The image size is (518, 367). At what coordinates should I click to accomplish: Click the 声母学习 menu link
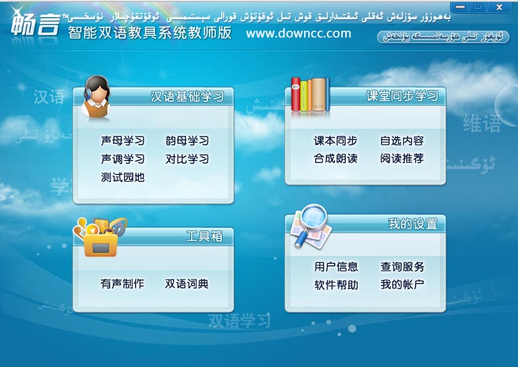click(x=123, y=141)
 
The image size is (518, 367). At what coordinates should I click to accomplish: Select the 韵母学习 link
click(x=187, y=141)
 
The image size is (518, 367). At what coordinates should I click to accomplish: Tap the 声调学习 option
click(x=123, y=159)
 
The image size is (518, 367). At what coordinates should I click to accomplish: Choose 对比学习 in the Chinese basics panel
click(x=187, y=159)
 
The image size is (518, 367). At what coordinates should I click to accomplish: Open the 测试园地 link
click(x=123, y=178)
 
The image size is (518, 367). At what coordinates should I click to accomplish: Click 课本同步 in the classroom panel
click(x=335, y=141)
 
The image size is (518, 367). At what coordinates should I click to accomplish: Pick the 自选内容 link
click(x=402, y=141)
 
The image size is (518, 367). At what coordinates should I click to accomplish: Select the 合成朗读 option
click(x=335, y=159)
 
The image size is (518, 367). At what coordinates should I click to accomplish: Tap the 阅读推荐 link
click(x=402, y=159)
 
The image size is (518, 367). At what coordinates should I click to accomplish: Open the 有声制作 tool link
click(x=122, y=284)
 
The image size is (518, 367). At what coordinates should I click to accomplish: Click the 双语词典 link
click(x=187, y=284)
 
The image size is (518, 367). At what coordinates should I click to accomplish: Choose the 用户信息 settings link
click(x=336, y=267)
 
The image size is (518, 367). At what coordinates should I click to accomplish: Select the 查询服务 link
click(x=403, y=267)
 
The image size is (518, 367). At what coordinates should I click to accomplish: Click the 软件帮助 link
click(x=336, y=285)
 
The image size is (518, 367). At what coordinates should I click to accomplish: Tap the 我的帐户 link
click(x=403, y=285)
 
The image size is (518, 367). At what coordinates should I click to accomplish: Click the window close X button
click(x=500, y=7)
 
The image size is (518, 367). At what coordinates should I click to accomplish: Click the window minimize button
click(x=460, y=7)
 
